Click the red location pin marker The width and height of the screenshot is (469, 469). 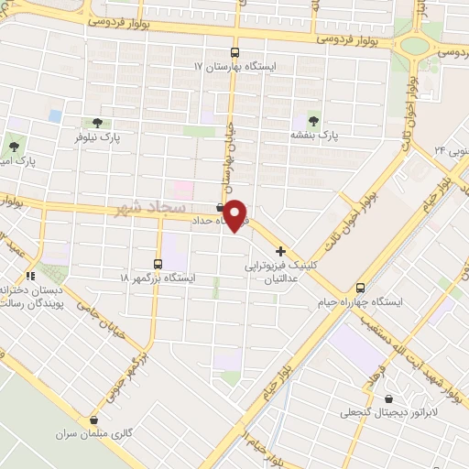click(236, 214)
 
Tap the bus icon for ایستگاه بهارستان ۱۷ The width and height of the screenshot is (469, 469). click(234, 52)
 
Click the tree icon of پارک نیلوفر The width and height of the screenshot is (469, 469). click(97, 123)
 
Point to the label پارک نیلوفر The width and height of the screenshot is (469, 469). click(98, 136)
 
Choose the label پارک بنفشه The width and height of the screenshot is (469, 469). click(315, 135)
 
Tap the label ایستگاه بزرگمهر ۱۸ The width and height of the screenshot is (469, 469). click(157, 276)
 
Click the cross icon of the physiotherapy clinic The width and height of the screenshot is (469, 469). click(280, 251)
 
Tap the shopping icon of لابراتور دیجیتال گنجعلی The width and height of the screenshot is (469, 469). click(391, 398)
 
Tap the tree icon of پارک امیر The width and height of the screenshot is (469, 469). click(14, 145)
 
